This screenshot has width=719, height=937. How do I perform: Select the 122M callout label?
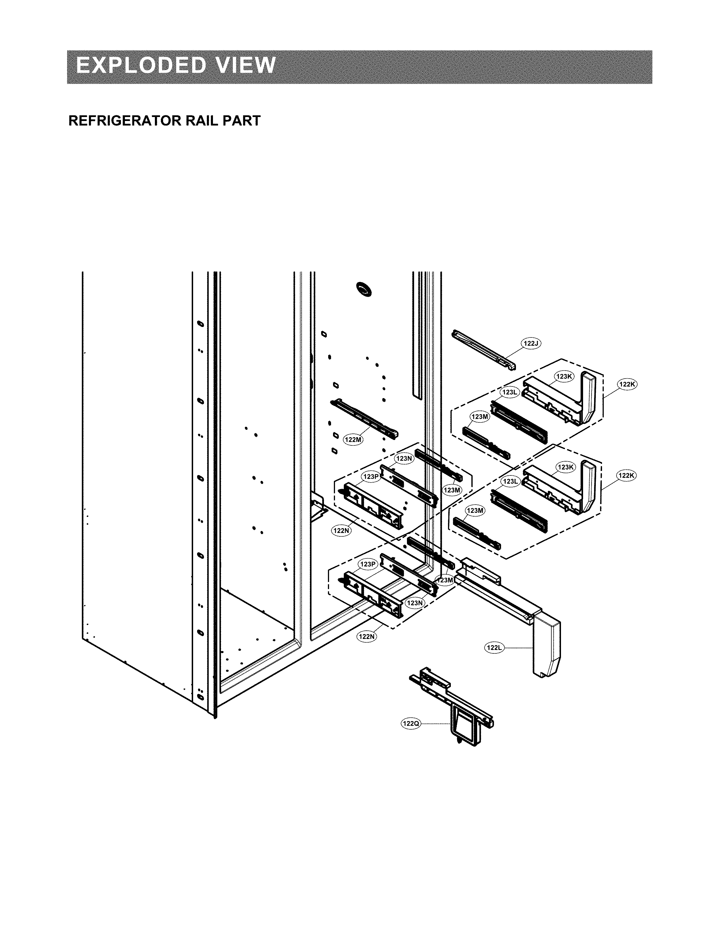pyautogui.click(x=353, y=439)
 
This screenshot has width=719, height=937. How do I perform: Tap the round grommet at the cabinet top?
pyautogui.click(x=365, y=290)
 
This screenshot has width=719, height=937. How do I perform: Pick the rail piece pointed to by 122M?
pyautogui.click(x=364, y=418)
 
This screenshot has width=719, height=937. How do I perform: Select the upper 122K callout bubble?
pyautogui.click(x=627, y=384)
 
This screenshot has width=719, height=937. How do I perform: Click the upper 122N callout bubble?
pyautogui.click(x=341, y=531)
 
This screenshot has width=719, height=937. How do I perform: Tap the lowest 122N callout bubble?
pyautogui.click(x=367, y=636)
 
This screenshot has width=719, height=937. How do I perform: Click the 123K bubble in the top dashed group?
pyautogui.click(x=564, y=377)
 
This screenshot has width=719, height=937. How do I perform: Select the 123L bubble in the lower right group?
pyautogui.click(x=510, y=481)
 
